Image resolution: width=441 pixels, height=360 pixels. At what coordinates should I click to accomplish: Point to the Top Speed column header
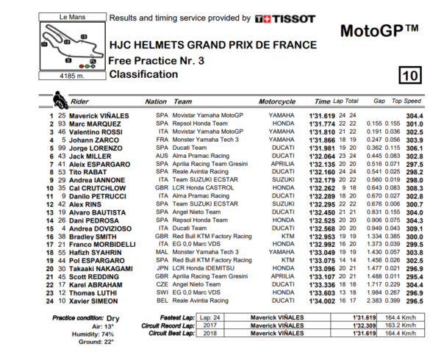[x=406, y=101]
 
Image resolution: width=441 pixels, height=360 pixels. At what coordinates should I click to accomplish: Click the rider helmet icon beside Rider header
[x=58, y=99]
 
